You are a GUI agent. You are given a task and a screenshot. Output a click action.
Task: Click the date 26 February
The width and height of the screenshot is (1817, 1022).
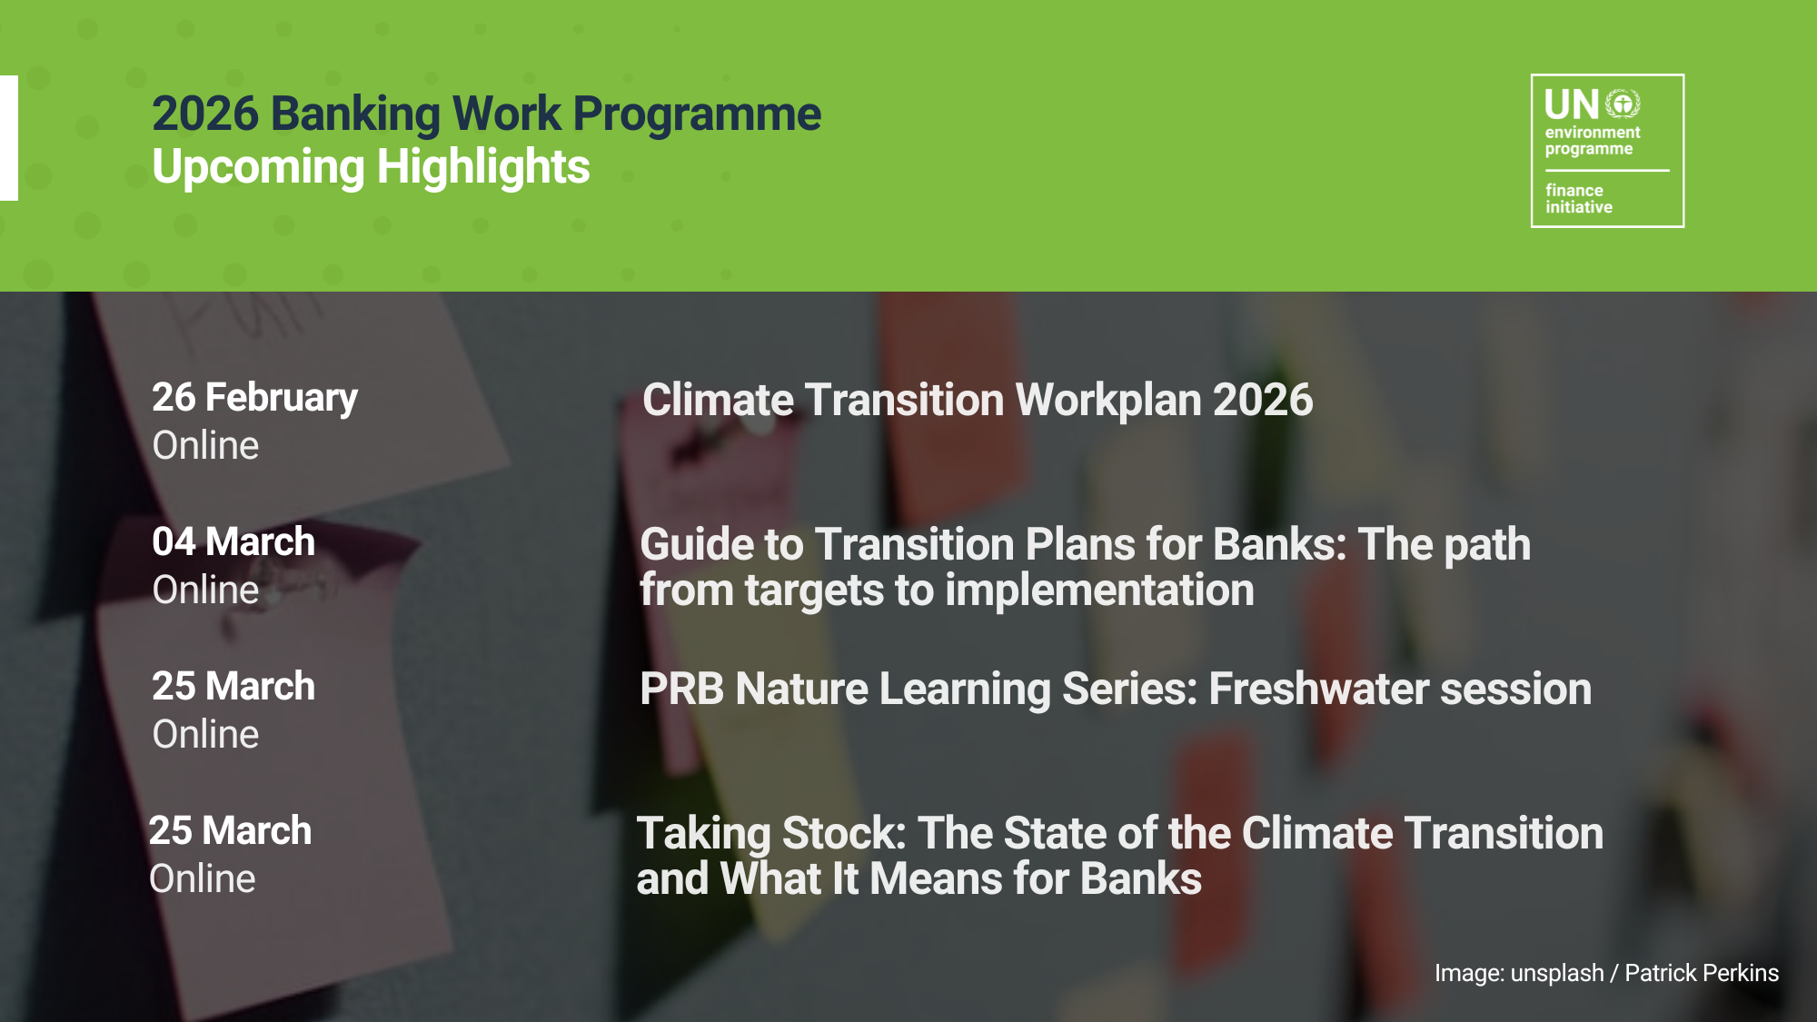point(254,398)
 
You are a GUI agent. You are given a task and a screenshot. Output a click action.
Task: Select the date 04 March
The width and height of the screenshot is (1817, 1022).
point(233,541)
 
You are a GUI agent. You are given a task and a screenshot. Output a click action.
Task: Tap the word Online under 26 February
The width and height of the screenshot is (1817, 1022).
point(205,445)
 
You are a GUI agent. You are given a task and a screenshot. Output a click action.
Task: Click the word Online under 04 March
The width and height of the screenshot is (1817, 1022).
point(205,590)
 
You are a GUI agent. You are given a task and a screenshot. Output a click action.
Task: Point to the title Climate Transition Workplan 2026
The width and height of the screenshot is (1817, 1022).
point(978,400)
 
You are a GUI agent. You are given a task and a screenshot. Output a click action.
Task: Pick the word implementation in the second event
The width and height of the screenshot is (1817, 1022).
point(1099,590)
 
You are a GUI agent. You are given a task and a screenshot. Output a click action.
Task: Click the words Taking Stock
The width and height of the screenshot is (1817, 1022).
point(771,834)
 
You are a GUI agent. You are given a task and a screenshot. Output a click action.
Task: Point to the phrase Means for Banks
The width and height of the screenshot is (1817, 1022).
point(1035,878)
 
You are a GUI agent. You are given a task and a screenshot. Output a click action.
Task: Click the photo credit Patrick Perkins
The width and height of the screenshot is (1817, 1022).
point(1702,973)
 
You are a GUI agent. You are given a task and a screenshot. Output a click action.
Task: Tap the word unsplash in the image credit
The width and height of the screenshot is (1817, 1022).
point(1557,974)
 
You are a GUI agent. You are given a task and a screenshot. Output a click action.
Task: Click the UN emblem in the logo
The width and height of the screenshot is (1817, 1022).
point(1623,104)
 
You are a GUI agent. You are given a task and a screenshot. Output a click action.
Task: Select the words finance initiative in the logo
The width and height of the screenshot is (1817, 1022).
point(1579,199)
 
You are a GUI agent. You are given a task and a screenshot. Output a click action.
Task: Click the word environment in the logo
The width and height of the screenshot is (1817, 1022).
point(1593,133)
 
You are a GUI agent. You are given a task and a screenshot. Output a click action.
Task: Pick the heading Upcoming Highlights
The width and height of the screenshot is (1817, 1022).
point(371,168)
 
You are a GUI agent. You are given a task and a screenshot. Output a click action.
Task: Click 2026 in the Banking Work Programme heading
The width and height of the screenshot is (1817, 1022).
point(205,114)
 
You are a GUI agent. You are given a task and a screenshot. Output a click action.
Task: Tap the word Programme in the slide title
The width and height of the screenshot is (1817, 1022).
point(697,115)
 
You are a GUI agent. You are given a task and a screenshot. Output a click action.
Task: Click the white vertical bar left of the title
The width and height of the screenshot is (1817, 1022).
point(9,138)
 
